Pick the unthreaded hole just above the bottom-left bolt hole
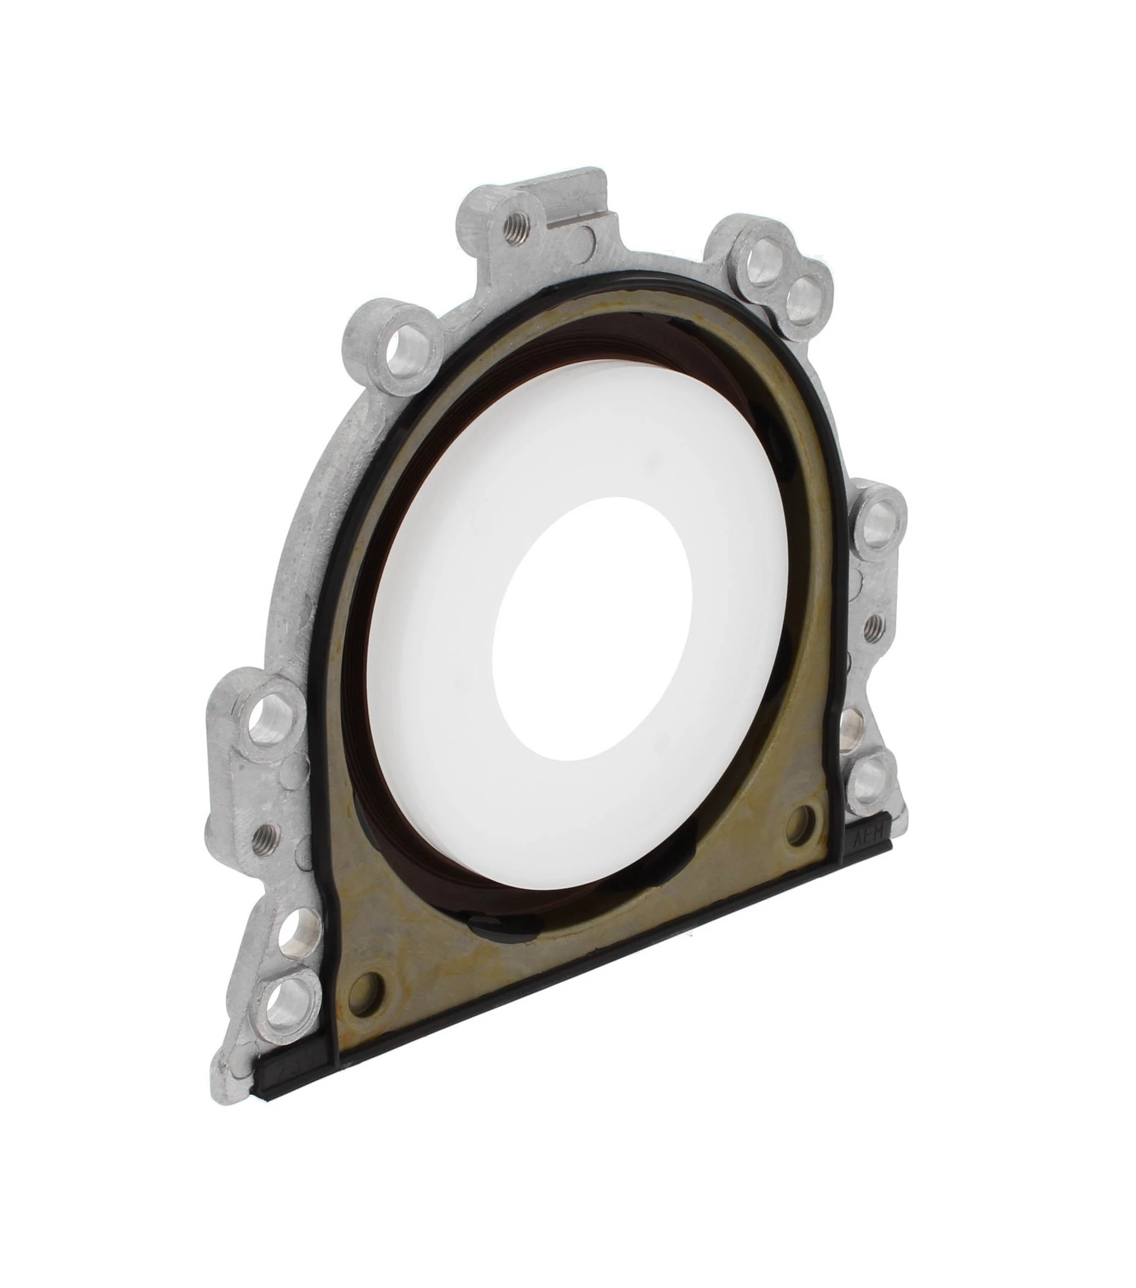(x=292, y=943)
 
